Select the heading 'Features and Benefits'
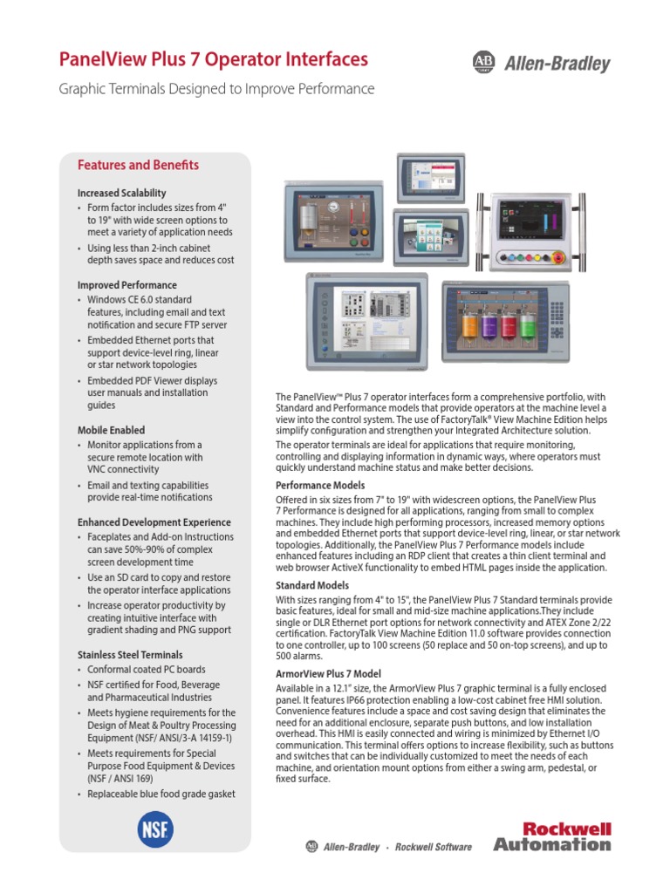pyautogui.click(x=138, y=165)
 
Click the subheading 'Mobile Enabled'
pyautogui.click(x=111, y=430)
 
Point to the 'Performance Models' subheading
pyautogui.click(x=320, y=485)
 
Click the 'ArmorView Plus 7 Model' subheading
pyautogui.click(x=328, y=675)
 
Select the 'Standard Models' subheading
pyautogui.click(x=312, y=585)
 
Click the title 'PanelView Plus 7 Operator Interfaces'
pyautogui.click(x=213, y=59)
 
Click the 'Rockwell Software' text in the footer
pyautogui.click(x=434, y=847)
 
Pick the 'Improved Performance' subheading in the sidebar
pyautogui.click(x=126, y=285)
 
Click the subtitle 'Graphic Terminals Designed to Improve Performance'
pyautogui.click(x=216, y=89)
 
